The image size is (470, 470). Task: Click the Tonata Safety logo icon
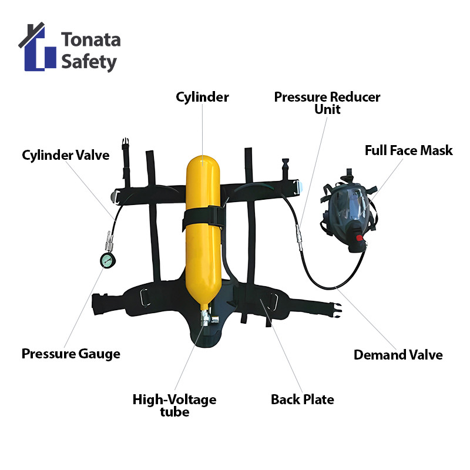[38, 50]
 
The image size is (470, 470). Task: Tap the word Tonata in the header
[91, 40]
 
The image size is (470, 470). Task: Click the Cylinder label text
[202, 97]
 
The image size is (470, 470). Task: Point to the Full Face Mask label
[408, 150]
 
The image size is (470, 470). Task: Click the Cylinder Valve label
[66, 156]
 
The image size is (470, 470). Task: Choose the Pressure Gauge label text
[70, 354]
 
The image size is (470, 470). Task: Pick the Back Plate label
[302, 399]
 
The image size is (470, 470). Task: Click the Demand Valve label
[398, 355]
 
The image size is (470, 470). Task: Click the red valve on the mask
[358, 238]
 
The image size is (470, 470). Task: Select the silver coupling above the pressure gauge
[108, 242]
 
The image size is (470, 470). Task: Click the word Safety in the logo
[89, 62]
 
